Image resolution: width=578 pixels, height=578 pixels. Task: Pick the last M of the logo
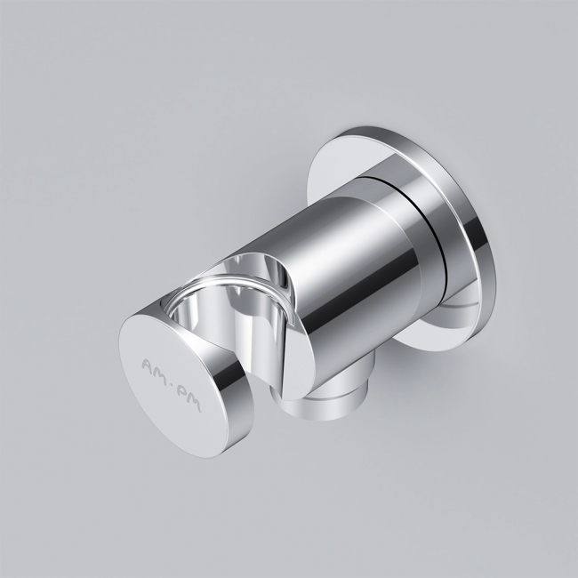[194, 403]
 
